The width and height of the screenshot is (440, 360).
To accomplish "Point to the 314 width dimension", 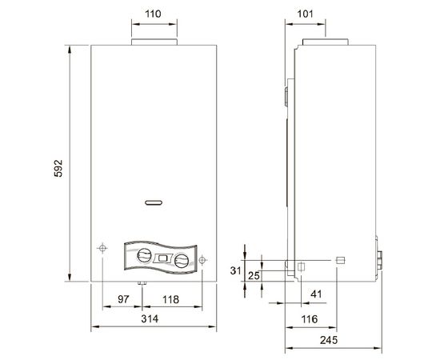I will point(151,319).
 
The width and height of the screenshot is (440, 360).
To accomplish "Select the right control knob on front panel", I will point(182,261).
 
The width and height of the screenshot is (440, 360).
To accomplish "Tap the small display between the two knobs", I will point(163,258).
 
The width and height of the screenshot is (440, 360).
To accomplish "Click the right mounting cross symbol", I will point(202,259).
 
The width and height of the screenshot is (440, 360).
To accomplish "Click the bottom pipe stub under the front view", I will point(142,284).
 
